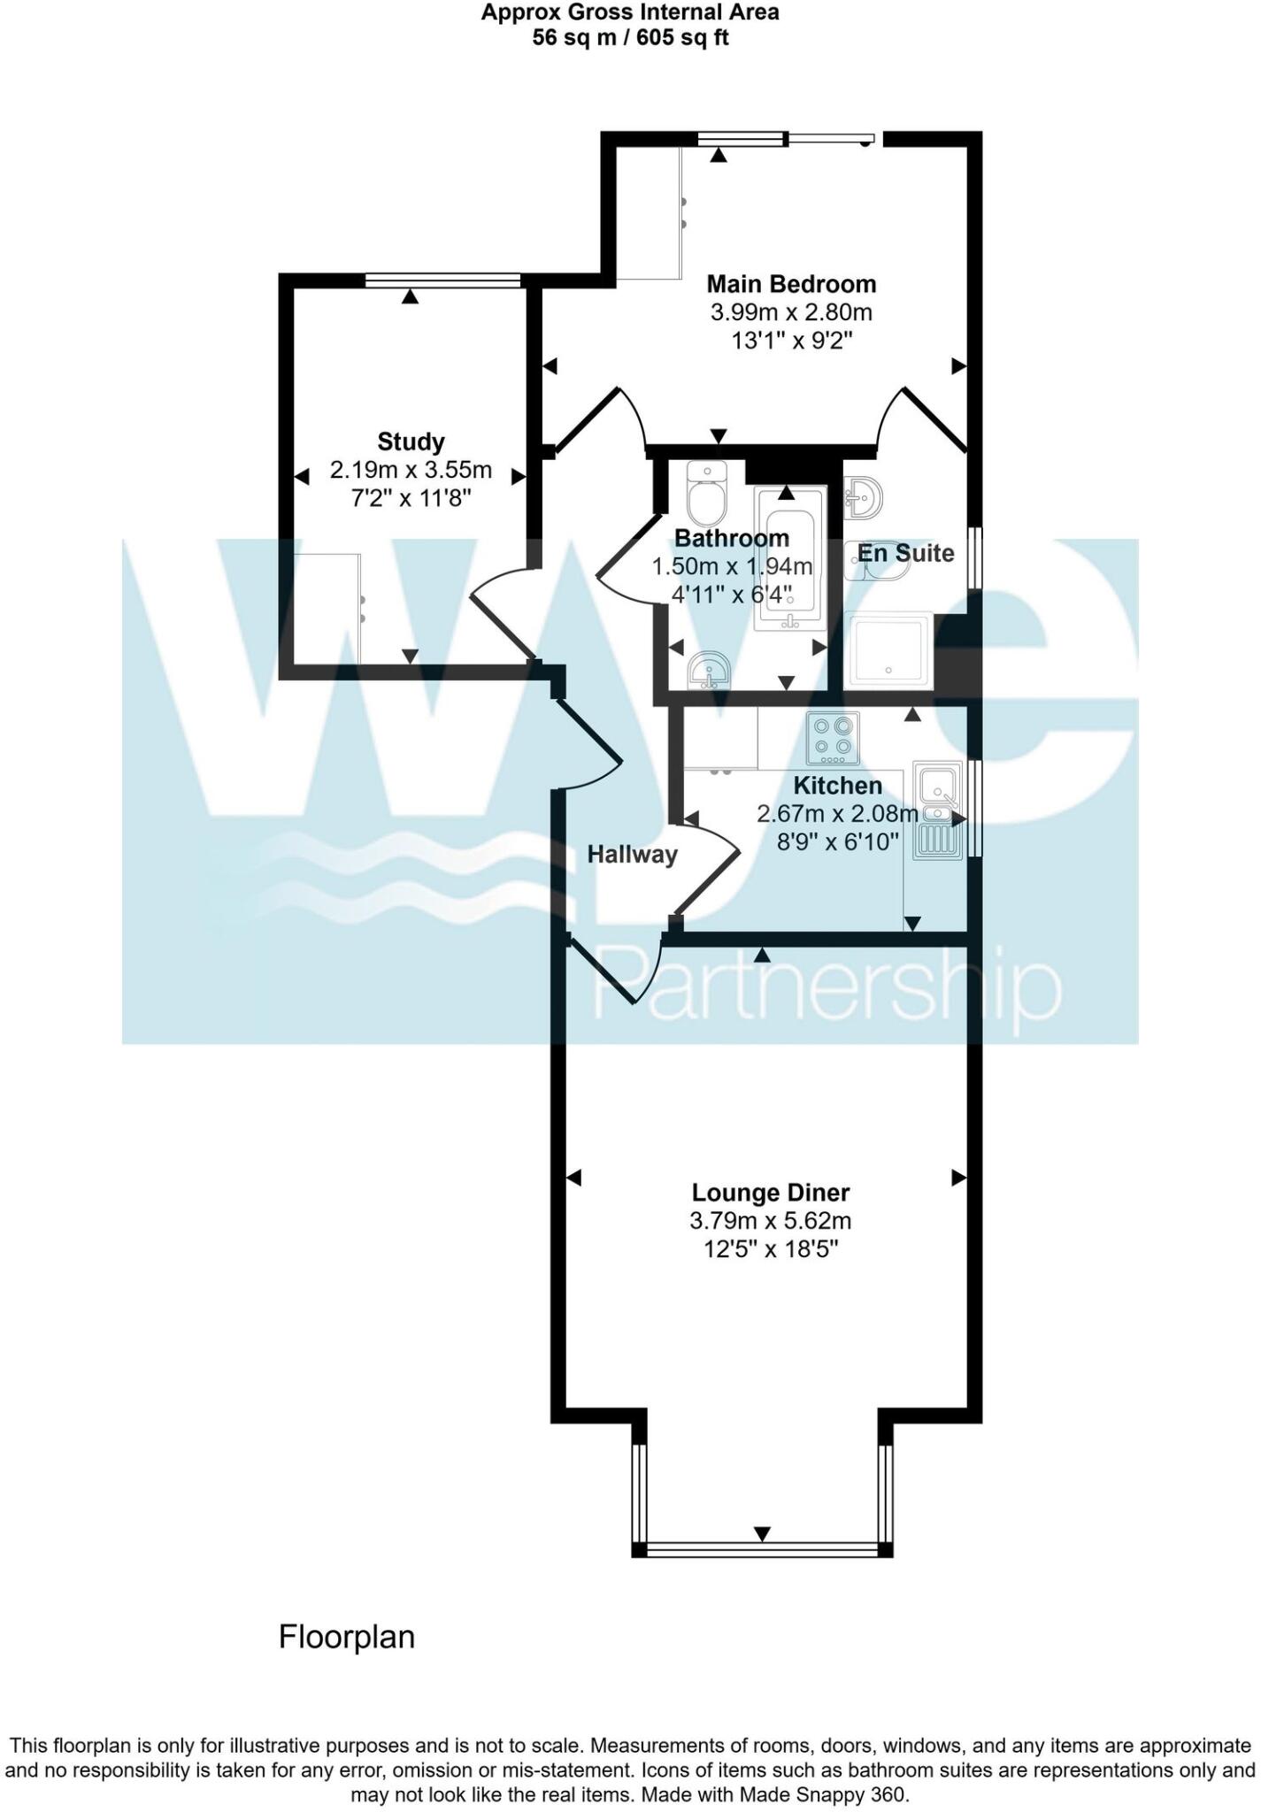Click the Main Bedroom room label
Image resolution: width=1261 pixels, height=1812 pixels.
tap(790, 284)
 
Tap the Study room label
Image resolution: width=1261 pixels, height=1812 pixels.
tap(411, 441)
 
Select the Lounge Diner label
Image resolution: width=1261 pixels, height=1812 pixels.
tap(770, 1193)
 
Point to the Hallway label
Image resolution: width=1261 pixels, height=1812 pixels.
tap(632, 854)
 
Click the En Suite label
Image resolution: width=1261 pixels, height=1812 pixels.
tap(905, 553)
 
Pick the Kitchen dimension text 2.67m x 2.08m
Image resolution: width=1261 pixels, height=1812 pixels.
tap(837, 813)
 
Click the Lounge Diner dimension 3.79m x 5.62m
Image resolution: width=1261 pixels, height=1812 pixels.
tap(770, 1221)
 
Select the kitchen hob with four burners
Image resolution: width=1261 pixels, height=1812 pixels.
tap(833, 739)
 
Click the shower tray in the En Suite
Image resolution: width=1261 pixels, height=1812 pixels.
tap(887, 651)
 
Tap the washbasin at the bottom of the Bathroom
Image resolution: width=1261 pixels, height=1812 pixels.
tap(709, 671)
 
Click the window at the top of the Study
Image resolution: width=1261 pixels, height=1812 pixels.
tap(442, 280)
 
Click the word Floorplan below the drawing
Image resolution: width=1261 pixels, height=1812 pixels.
tap(347, 1637)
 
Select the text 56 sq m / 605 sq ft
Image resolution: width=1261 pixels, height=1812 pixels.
tap(630, 38)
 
